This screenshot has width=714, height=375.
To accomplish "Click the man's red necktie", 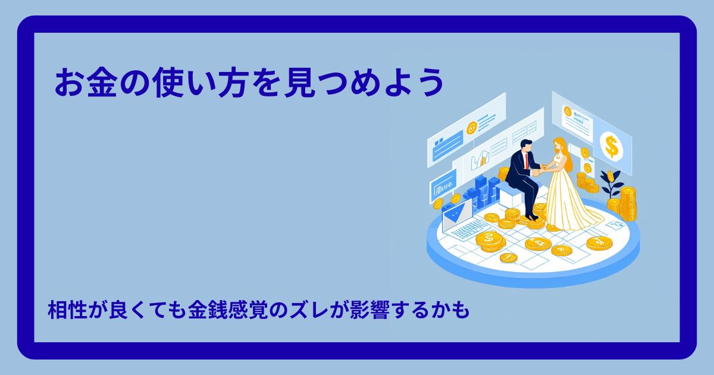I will [x=527, y=158].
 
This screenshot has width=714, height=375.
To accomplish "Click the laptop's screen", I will [x=457, y=210].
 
